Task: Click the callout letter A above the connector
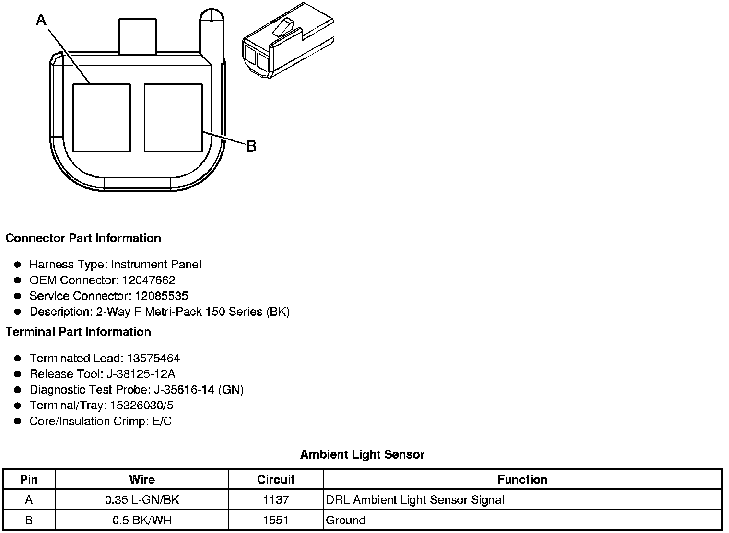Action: tap(41, 20)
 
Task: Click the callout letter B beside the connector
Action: tap(251, 146)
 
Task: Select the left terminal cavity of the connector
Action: tap(102, 118)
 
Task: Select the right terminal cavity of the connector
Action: tap(173, 118)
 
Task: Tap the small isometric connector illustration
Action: tap(288, 40)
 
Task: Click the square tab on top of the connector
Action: tap(137, 36)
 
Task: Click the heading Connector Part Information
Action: tap(83, 238)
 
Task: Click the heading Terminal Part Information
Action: tap(79, 332)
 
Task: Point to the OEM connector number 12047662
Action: tap(149, 280)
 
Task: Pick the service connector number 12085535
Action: tap(162, 296)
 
